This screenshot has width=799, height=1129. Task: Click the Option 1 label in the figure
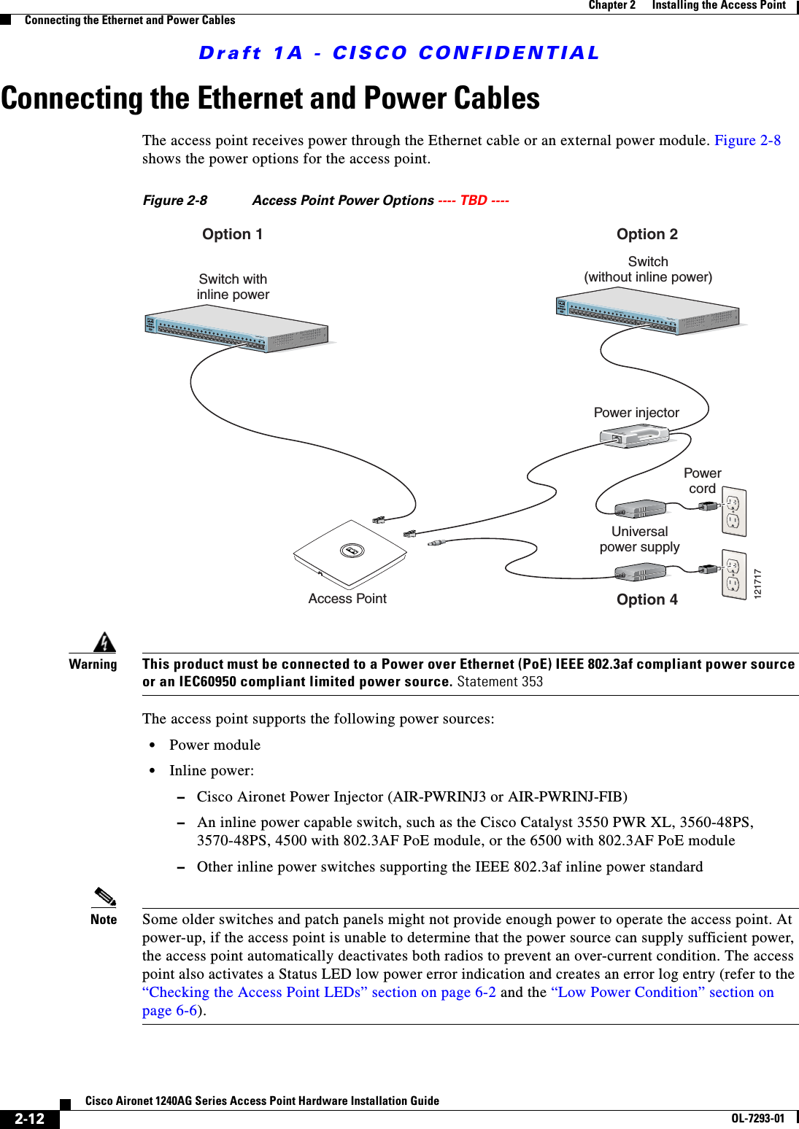232,234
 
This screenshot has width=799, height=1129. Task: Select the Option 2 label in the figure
646,234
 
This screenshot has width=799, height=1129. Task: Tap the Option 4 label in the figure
646,600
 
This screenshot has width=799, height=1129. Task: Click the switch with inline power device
236,329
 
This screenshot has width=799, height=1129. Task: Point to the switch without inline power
647,311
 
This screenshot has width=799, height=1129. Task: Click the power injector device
633,436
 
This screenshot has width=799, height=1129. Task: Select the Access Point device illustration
350,554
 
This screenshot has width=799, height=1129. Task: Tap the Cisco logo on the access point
352,551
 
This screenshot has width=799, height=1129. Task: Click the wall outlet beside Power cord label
733,511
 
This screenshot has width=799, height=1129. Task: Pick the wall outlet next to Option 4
733,574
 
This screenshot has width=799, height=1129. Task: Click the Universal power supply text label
639,539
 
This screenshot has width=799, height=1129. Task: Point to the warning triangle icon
105,642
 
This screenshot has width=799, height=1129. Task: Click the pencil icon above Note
105,896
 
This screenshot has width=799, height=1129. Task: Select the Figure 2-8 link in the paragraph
747,140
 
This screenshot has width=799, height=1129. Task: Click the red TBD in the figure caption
474,201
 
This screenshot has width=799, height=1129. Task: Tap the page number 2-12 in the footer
30,1119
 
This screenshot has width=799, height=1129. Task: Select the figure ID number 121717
757,583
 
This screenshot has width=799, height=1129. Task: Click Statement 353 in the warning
500,682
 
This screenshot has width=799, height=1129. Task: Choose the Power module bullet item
215,745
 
